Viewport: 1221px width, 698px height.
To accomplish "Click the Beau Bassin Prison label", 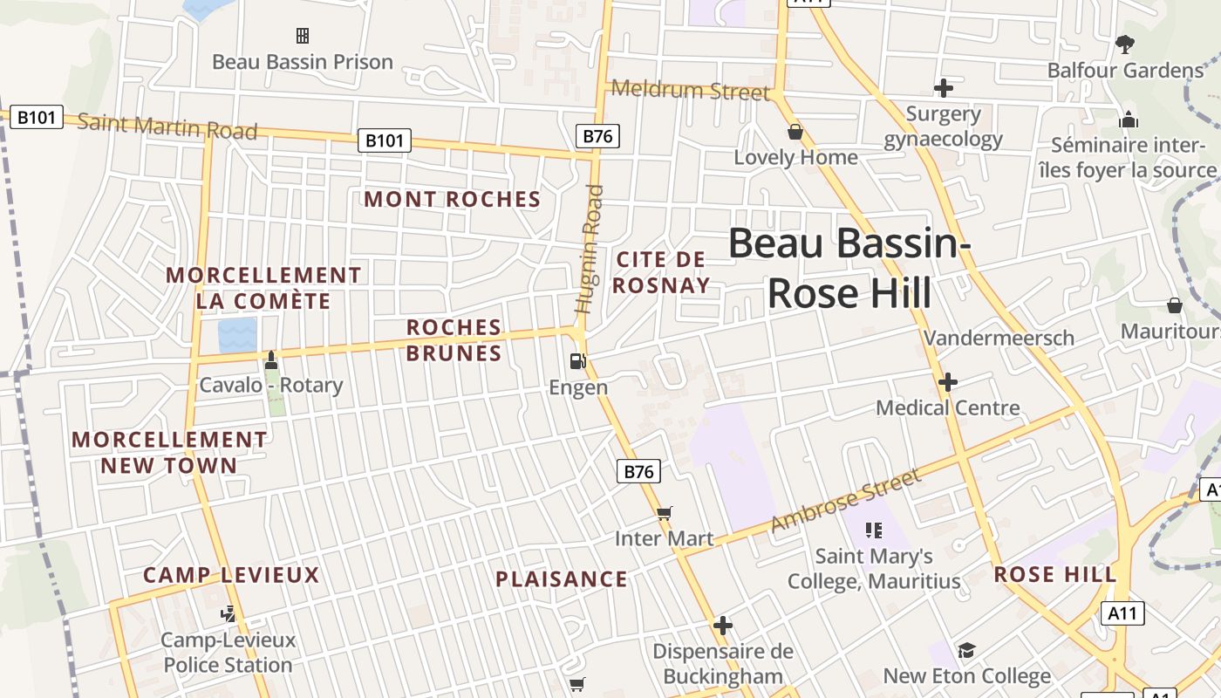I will [303, 62].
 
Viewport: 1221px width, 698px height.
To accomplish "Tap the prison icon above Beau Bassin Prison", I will [303, 36].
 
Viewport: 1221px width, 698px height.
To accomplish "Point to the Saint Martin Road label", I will [167, 127].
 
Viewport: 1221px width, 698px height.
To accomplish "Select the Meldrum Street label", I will [690, 90].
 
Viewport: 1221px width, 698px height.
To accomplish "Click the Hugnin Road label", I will [590, 249].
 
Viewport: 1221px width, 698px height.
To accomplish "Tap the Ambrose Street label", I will [845, 502].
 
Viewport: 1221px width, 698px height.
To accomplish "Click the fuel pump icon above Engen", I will [576, 360].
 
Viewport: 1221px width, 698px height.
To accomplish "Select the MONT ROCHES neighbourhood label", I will [453, 199].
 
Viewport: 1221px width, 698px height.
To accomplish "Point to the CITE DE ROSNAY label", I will [661, 272].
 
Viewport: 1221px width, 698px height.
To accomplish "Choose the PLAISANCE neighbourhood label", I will [562, 579].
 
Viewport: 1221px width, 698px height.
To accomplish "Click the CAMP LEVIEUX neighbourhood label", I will [232, 575].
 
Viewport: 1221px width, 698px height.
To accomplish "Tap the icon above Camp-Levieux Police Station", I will [229, 614].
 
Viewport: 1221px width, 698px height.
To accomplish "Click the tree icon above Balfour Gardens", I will [1125, 44].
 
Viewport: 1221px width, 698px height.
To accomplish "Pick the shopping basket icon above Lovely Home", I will [795, 132].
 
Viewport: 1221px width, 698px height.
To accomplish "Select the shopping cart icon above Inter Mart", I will [665, 513].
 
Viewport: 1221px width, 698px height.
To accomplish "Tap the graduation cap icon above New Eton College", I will [966, 650].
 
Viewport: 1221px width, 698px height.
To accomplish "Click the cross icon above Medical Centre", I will [948, 382].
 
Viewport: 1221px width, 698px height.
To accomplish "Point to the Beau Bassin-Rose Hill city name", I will [849, 268].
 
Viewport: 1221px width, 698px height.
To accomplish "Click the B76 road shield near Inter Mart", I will [638, 471].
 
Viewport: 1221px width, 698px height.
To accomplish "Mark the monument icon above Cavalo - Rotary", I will [271, 359].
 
